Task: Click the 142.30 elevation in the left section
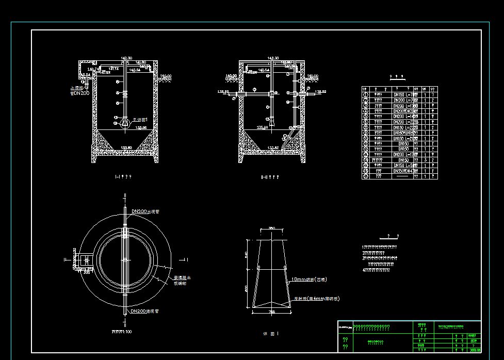pos(126,58)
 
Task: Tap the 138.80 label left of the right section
pos(223,91)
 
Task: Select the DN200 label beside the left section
pos(81,93)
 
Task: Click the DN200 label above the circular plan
pos(145,212)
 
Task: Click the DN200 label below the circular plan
pos(144,312)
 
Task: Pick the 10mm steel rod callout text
pos(308,279)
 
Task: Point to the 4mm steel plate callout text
pos(316,299)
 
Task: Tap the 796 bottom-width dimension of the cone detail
pos(272,312)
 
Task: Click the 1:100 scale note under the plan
pos(122,332)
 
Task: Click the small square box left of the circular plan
pos(84,260)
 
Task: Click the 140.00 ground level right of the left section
pos(166,76)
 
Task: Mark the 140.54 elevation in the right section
pos(264,70)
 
